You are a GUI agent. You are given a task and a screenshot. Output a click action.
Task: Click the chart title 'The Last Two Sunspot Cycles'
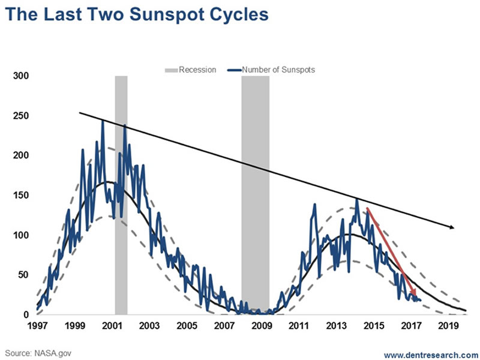pos(137,15)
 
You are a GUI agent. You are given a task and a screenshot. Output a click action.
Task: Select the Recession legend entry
pos(190,70)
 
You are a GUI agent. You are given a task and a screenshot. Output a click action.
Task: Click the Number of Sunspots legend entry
pos(278,70)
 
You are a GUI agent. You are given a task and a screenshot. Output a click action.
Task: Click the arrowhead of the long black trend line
pos(453,227)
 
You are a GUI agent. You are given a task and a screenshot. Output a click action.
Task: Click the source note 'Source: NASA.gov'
pos(37,352)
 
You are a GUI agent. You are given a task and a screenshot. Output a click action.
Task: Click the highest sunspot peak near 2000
pos(103,121)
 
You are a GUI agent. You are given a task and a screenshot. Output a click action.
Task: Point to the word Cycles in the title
pos(232,15)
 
